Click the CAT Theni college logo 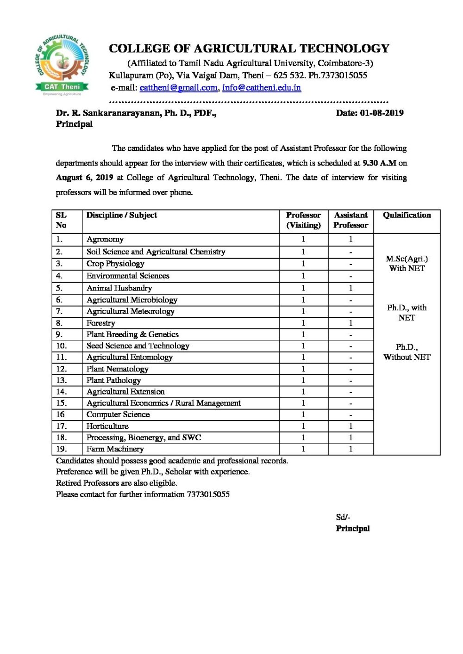click(x=62, y=64)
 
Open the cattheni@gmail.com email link click(x=178, y=87)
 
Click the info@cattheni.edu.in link click(x=261, y=87)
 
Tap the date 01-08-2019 click(x=382, y=113)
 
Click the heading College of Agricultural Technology click(x=249, y=49)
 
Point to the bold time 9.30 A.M click(x=379, y=163)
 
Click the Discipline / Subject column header click(x=122, y=215)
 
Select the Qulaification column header click(x=407, y=215)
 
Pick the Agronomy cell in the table click(x=105, y=239)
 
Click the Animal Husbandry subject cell click(x=119, y=288)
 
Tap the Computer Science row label click(x=118, y=414)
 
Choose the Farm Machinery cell click(x=115, y=449)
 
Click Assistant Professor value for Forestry click(x=350, y=323)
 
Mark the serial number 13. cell click(x=62, y=380)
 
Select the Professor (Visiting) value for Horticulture click(x=303, y=426)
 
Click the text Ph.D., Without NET click(x=407, y=352)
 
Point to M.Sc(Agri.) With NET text click(x=407, y=264)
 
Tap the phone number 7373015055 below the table click(x=208, y=494)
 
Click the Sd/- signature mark click(x=343, y=517)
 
